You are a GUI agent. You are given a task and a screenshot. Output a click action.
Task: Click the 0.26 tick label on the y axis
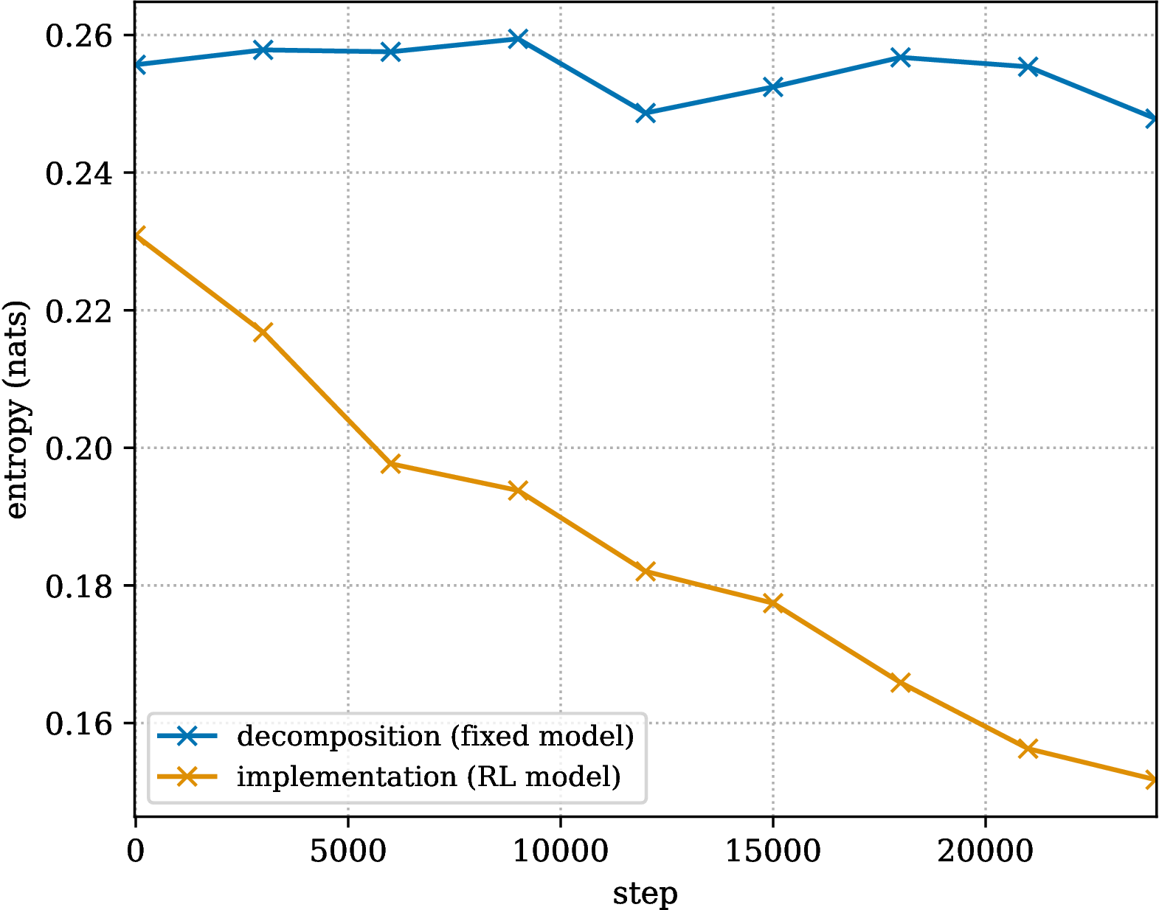[79, 36]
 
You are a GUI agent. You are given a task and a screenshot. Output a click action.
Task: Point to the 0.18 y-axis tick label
[79, 586]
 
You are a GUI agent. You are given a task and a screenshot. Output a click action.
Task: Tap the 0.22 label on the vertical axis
[79, 311]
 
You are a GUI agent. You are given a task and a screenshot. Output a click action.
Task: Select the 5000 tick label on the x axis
[347, 851]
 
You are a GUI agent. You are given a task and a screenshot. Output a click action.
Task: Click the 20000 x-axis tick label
[985, 851]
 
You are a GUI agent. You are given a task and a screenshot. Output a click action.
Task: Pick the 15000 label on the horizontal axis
[773, 851]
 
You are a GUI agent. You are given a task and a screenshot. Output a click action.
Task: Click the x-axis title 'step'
[646, 893]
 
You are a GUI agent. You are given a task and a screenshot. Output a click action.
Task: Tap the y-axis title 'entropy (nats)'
[16, 409]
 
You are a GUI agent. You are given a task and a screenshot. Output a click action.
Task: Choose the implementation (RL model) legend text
[429, 777]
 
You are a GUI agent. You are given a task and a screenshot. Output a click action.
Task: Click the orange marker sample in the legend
[187, 777]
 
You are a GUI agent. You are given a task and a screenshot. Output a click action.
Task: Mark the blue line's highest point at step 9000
[517, 39]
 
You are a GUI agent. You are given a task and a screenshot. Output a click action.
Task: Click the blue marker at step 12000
[646, 113]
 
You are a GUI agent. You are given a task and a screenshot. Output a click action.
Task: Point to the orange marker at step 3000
[263, 332]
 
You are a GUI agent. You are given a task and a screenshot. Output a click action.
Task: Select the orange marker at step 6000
[390, 464]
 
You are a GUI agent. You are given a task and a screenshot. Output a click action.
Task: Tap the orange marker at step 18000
[901, 683]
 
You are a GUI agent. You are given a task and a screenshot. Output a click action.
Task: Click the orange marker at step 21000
[1028, 749]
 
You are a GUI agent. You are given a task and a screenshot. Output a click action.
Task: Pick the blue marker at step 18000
[901, 57]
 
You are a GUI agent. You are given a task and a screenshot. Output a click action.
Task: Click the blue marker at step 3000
[263, 50]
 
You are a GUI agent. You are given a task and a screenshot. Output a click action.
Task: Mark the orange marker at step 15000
[773, 603]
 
